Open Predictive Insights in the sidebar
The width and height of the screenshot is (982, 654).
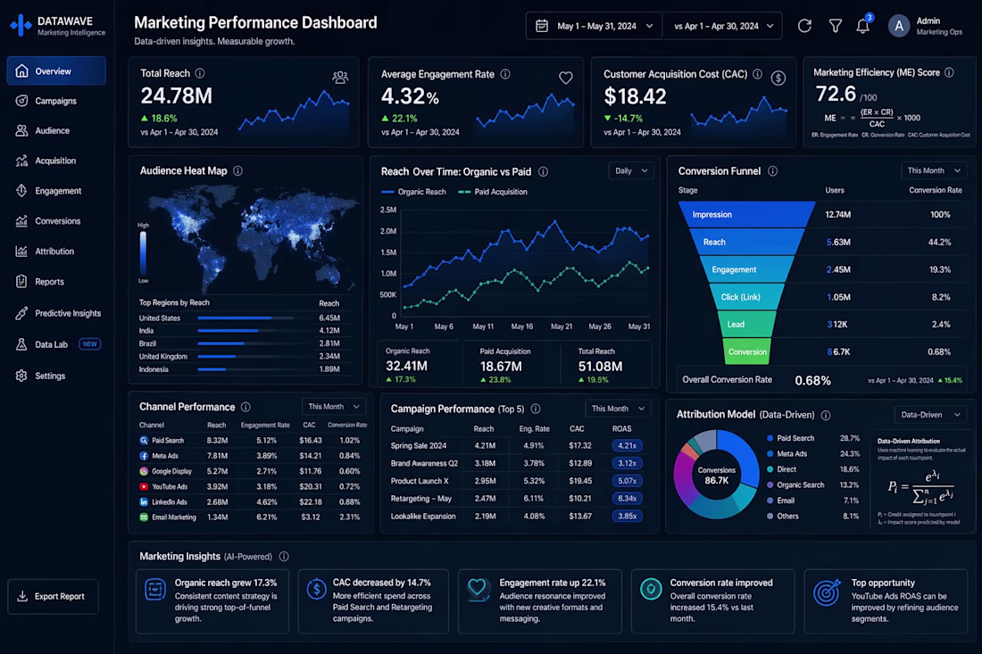click(x=67, y=313)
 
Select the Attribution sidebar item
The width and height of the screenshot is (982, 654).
click(x=54, y=252)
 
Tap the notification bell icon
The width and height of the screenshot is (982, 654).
click(x=862, y=26)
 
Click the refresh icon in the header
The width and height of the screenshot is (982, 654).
click(x=804, y=26)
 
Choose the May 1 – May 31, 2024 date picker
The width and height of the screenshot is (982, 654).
click(x=595, y=26)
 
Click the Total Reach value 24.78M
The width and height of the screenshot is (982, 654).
click(x=176, y=95)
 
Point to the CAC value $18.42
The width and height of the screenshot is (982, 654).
click(x=635, y=96)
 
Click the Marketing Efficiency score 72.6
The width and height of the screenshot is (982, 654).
click(x=836, y=94)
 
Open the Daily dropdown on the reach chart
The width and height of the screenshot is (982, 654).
click(x=631, y=170)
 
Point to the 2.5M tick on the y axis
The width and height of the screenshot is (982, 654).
click(x=388, y=211)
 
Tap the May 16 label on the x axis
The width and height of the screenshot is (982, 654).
click(x=522, y=327)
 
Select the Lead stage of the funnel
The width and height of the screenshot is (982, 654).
click(x=736, y=324)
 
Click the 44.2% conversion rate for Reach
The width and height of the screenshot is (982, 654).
click(x=939, y=242)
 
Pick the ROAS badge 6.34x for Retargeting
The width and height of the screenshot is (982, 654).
click(x=627, y=499)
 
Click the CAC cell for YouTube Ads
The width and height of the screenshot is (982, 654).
click(x=310, y=486)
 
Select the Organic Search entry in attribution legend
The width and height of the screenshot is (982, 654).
click(x=800, y=484)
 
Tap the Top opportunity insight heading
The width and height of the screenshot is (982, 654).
click(x=883, y=583)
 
